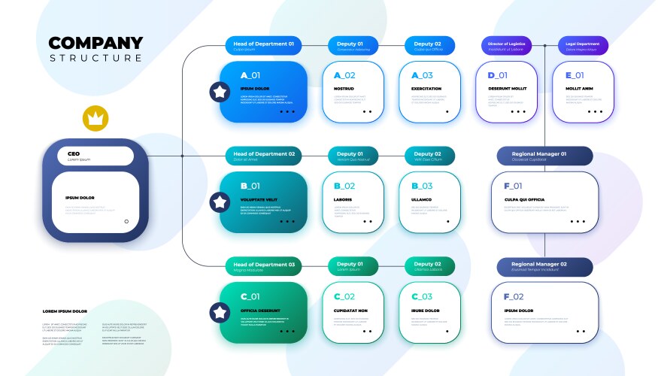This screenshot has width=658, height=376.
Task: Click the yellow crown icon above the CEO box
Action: coord(96,119)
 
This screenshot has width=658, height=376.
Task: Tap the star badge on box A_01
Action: coord(220,92)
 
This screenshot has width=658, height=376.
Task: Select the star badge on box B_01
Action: coord(220,202)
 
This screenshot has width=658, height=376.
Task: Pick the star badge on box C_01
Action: coord(220,312)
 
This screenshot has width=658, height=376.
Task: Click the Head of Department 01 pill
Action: coord(264,46)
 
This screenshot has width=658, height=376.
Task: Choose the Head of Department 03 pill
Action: coord(264,266)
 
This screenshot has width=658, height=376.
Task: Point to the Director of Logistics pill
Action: coord(508,46)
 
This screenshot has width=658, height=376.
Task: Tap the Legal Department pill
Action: coord(583,46)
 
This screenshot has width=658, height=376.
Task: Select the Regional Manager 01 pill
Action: coord(544,156)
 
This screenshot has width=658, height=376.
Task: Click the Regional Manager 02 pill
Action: coord(544,266)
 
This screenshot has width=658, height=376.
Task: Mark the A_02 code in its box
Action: coord(344,75)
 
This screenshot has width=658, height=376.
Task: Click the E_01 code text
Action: coord(574,75)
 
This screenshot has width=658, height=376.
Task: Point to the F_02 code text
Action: coord(514,296)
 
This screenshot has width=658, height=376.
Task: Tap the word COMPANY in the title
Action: coord(96,43)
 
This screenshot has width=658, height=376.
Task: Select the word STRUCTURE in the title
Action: coord(96,59)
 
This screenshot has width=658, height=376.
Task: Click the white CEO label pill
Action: coord(96,156)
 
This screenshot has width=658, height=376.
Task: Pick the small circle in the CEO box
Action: coord(126,221)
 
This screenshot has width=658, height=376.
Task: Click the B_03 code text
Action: coord(422,186)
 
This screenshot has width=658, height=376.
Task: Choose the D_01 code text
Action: coord(497,75)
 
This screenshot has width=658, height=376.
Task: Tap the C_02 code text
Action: coord(344,296)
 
